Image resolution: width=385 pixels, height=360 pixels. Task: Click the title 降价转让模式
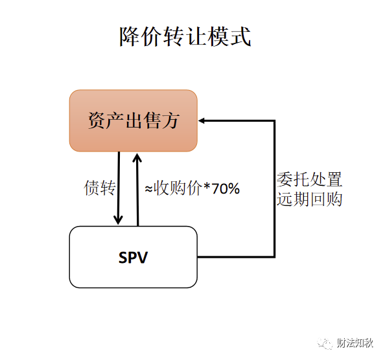(x=185, y=36)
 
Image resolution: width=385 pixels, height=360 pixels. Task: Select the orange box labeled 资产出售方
(x=134, y=120)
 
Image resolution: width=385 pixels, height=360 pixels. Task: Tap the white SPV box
(x=134, y=257)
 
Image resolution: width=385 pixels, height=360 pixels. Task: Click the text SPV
(x=133, y=258)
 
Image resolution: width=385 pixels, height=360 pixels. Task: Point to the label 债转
(x=100, y=188)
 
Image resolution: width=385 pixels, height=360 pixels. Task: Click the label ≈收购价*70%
(x=192, y=188)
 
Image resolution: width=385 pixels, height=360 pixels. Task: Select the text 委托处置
(x=309, y=179)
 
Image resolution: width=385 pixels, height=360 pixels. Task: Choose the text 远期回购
(x=309, y=199)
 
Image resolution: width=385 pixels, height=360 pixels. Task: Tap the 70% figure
(x=226, y=188)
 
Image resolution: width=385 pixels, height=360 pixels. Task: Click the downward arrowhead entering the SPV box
(x=118, y=219)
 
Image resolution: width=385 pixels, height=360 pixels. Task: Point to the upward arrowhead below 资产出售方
(x=137, y=158)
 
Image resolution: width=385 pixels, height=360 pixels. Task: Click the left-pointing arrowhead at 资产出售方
(x=202, y=120)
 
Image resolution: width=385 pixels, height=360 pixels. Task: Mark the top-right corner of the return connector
(x=275, y=120)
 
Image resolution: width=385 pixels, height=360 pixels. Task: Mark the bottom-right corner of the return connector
(x=275, y=257)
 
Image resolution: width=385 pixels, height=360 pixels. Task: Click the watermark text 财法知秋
(x=355, y=343)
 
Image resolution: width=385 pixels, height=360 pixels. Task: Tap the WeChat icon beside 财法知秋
(x=325, y=343)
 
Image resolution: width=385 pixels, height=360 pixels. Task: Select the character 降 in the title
(x=130, y=36)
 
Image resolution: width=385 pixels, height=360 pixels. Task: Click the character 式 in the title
(x=240, y=36)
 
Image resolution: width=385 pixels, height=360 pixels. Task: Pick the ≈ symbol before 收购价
(x=148, y=189)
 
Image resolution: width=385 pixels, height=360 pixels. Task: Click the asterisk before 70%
(x=207, y=186)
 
